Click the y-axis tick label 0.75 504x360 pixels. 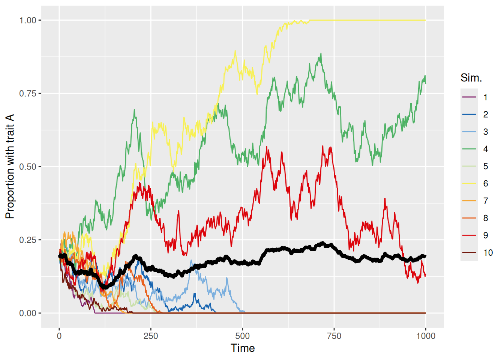(x=28, y=93)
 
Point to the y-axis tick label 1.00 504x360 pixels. (x=28, y=20)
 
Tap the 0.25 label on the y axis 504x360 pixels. (x=28, y=240)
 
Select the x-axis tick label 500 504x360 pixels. (x=242, y=336)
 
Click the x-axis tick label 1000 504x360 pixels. (x=426, y=336)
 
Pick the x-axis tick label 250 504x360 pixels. (x=151, y=336)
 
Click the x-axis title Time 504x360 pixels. (x=243, y=348)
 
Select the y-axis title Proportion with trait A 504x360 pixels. (x=10, y=166)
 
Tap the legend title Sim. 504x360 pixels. (x=471, y=78)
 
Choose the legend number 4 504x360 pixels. (x=486, y=149)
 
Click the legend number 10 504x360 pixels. (x=488, y=253)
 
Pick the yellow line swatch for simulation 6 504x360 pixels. (x=469, y=184)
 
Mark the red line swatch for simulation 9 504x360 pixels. (x=469, y=235)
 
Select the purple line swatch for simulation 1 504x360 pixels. (x=469, y=97)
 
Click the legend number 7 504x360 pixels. (x=486, y=201)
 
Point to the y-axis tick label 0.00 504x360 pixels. (x=28, y=313)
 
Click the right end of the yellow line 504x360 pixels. (x=426, y=20)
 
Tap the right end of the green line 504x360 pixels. (x=426, y=84)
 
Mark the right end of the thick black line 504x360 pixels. (x=425, y=256)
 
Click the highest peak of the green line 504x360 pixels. (x=321, y=54)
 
